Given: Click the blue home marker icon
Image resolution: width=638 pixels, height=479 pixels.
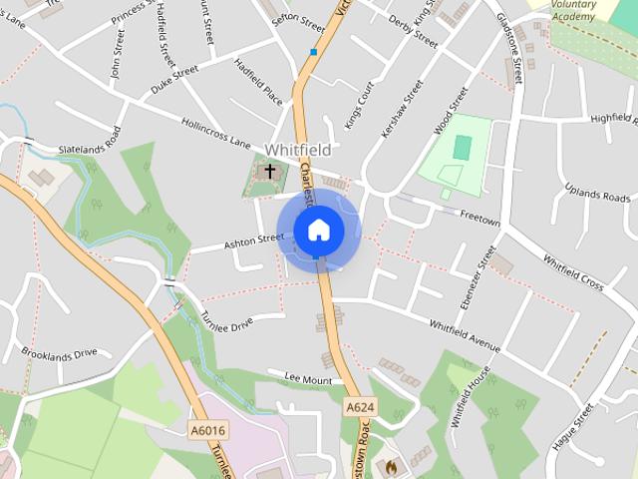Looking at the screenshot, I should (319, 230).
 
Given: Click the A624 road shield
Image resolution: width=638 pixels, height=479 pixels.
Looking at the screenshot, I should (360, 407).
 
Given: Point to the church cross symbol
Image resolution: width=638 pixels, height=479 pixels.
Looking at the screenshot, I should (269, 172).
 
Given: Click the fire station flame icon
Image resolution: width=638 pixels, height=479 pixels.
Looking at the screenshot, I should (391, 465).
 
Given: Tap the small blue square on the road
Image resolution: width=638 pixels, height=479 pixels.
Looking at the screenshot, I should (314, 52).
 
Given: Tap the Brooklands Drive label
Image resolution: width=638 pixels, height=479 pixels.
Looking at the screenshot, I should (60, 353).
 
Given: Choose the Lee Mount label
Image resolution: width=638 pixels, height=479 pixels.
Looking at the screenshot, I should (308, 379).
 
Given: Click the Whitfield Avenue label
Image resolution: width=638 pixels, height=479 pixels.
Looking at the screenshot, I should (464, 335).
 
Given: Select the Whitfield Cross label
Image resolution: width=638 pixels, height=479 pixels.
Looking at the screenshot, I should (573, 272).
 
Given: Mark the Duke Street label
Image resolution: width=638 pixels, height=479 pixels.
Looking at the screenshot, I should (174, 75).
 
